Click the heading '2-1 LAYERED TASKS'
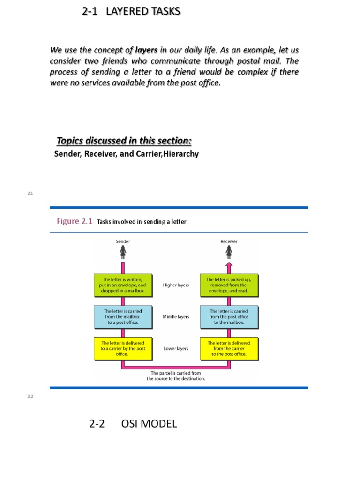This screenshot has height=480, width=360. [131, 11]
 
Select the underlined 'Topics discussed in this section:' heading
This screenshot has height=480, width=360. [124, 141]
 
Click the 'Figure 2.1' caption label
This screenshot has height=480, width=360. [75, 221]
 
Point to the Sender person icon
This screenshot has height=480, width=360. [123, 253]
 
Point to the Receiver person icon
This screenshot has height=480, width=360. [229, 253]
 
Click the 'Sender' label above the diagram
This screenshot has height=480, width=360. [123, 241]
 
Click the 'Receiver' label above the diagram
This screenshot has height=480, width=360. [229, 241]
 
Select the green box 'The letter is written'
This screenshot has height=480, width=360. [123, 285]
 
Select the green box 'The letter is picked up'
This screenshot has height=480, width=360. [229, 285]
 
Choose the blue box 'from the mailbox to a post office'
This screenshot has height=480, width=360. [123, 317]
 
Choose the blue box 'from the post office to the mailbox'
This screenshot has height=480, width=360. [229, 317]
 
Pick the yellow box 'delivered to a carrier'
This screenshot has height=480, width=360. [123, 348]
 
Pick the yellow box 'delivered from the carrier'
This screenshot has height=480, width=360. [229, 348]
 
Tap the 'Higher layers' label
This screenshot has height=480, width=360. [176, 285]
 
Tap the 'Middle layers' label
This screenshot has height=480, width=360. [176, 317]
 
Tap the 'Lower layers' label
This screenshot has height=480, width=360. [176, 349]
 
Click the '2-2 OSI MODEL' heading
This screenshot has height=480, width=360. [133, 424]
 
